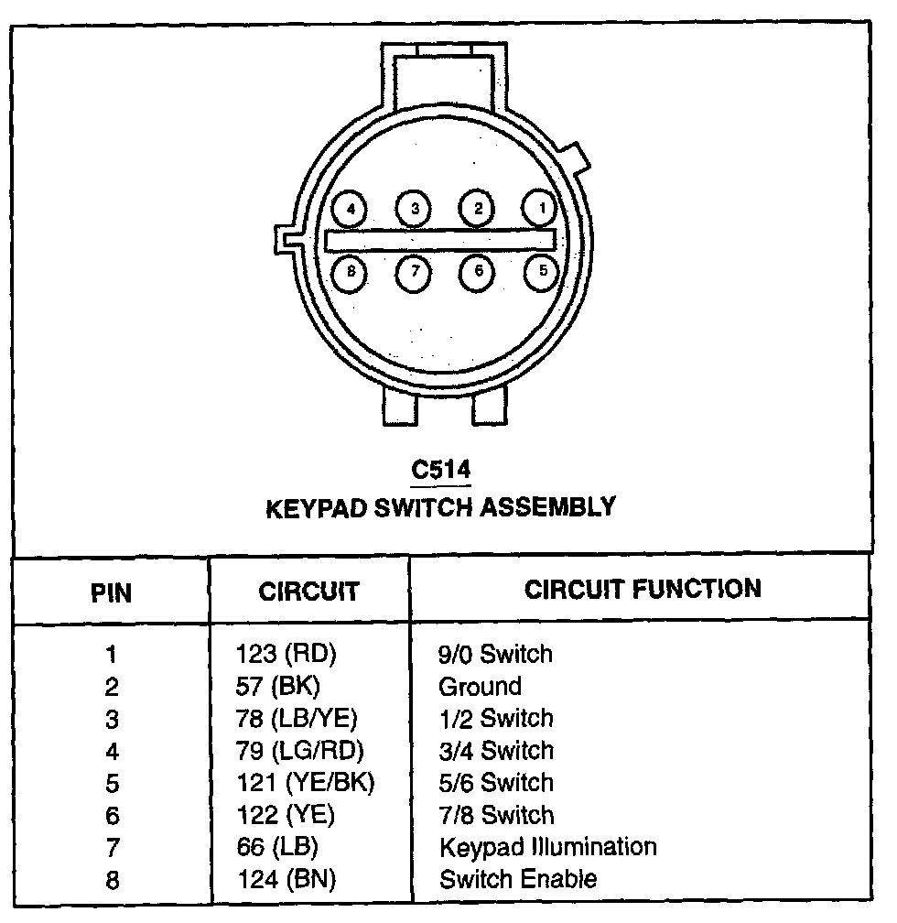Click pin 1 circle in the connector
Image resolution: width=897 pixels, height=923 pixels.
542,209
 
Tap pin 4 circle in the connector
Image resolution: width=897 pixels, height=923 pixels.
350,209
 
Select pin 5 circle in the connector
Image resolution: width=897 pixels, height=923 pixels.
542,270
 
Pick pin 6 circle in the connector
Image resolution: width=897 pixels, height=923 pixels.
478,270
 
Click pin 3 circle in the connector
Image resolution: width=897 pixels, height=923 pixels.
415,209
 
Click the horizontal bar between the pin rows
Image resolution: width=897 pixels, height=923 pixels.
440,240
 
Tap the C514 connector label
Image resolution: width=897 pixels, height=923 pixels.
440,471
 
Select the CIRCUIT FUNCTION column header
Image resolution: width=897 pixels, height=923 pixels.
643,589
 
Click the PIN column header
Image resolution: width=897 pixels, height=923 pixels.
112,592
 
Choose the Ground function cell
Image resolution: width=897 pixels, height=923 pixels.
480,687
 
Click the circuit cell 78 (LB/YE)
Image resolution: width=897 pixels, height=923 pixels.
297,719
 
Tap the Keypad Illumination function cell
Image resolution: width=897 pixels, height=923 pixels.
547,847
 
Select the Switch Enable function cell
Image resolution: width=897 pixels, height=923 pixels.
518,880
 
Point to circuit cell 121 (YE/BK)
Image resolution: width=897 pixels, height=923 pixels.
305,783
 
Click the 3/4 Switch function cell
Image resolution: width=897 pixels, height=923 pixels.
496,751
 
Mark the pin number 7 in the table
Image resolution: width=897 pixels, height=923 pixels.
112,848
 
